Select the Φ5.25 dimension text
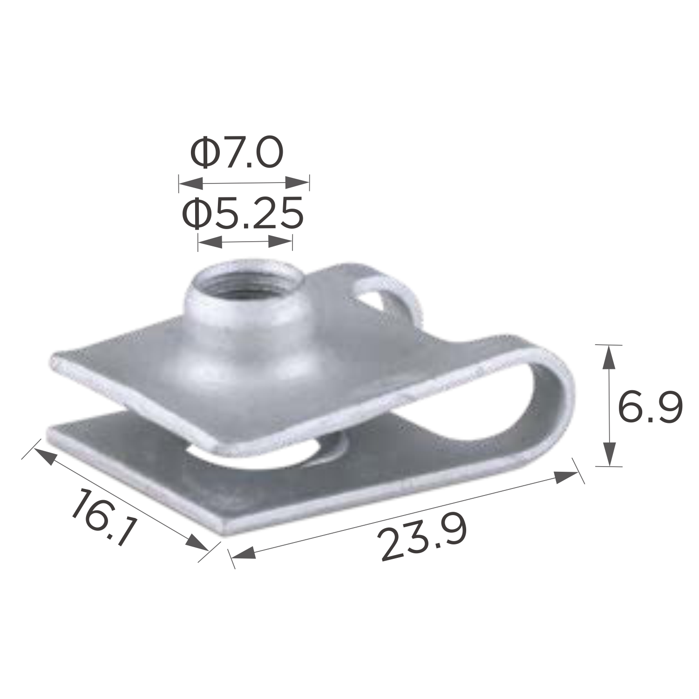click(243, 213)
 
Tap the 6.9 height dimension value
click(650, 407)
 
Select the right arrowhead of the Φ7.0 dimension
click(297, 183)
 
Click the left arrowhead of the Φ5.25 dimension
click(210, 241)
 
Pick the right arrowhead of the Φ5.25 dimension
click(280, 241)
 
